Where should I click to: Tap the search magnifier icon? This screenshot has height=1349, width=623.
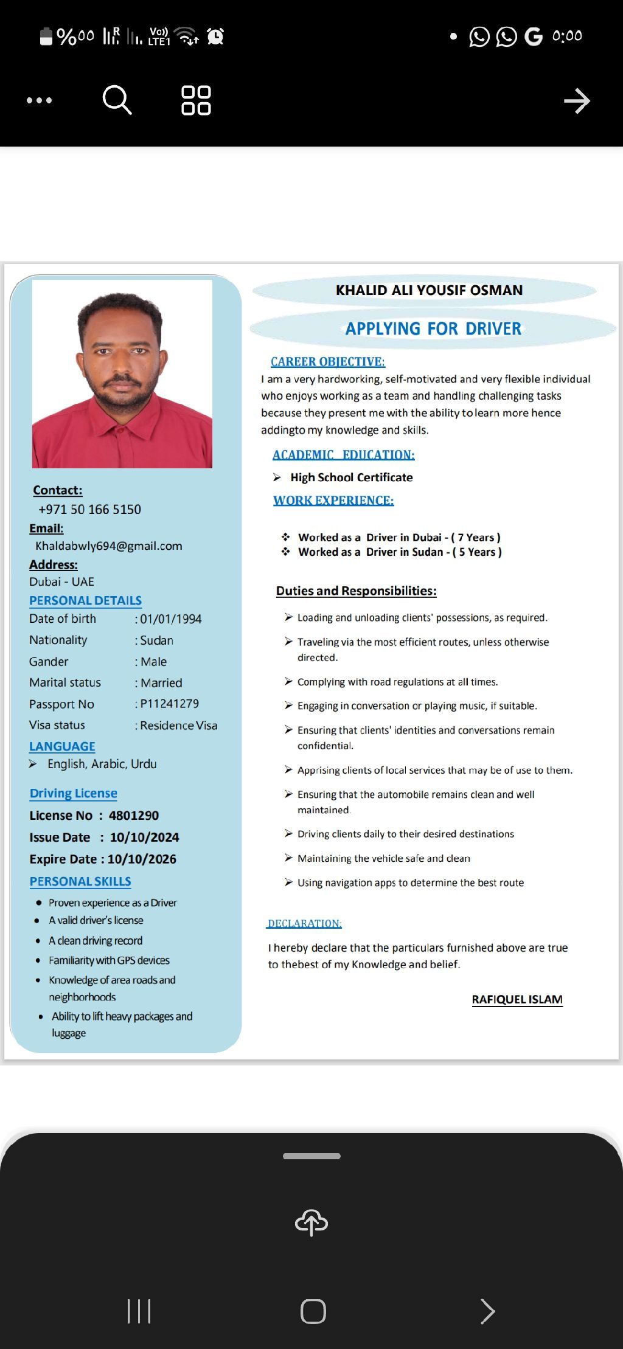(x=117, y=100)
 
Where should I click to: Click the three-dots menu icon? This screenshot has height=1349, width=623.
(x=40, y=100)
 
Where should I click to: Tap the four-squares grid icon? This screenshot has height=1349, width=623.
(x=196, y=100)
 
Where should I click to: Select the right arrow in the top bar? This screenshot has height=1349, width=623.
(x=577, y=101)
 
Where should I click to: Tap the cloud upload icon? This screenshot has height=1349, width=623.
(x=311, y=1222)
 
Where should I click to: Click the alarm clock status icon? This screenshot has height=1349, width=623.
(x=215, y=36)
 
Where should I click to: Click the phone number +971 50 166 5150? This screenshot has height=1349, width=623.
(x=89, y=509)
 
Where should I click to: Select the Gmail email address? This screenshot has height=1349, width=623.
(x=109, y=546)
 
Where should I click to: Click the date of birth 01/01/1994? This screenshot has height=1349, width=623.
(x=171, y=619)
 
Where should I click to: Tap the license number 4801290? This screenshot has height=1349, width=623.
(x=134, y=815)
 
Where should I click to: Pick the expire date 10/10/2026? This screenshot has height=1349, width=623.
(x=142, y=859)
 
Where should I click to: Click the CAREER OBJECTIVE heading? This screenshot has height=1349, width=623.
(x=328, y=362)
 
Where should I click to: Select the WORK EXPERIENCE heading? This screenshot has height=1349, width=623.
(x=333, y=501)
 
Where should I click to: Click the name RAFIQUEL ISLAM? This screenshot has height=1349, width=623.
(x=517, y=999)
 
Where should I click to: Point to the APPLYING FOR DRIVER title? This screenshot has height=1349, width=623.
(x=433, y=328)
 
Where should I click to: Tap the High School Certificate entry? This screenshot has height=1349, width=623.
(x=352, y=477)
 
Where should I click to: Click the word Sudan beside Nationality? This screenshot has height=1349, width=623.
(x=157, y=640)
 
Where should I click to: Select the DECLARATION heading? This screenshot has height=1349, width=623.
(x=305, y=923)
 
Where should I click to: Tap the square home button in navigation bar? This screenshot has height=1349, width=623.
(x=313, y=1311)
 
